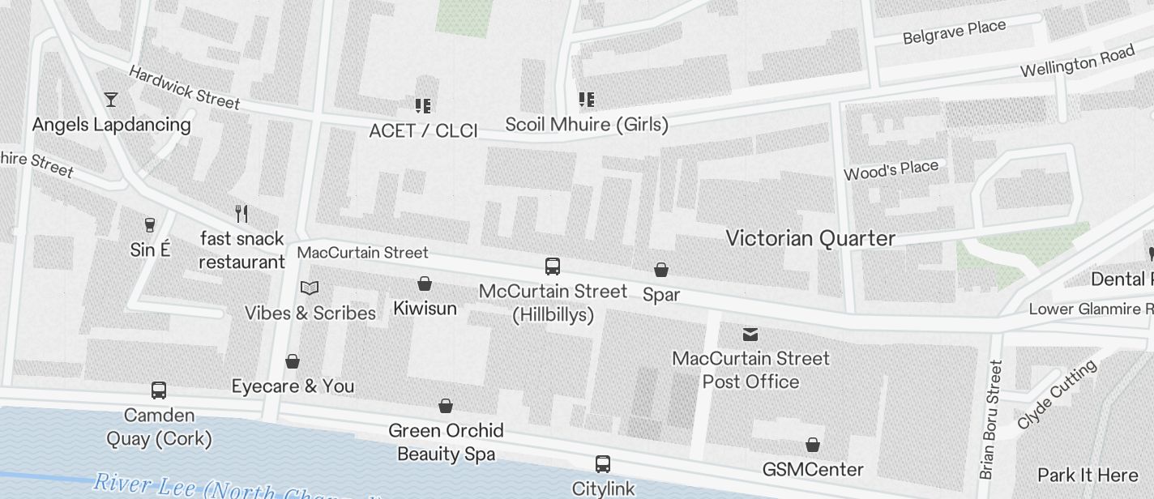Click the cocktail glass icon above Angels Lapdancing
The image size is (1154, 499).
point(111,100)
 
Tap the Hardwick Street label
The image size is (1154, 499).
point(184,87)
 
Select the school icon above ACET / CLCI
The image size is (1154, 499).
point(422,105)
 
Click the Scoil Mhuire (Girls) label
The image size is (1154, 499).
point(587,125)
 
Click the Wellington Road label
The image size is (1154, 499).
point(1077,62)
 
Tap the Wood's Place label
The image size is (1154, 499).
point(891,170)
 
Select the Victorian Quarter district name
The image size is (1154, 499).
point(810,238)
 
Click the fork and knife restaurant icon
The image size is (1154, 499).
point(241,214)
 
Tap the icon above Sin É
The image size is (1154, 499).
point(149,224)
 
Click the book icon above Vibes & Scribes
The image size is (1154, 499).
point(310,288)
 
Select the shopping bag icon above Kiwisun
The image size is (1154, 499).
point(424,284)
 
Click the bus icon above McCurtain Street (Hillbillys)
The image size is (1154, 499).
point(553,267)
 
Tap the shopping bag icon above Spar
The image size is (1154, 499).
point(661,270)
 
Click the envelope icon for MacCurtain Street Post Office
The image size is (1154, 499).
point(750,334)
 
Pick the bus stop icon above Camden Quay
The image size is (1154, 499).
point(159,390)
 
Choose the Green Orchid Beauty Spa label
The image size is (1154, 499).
point(446,441)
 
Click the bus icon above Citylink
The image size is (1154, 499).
point(602,464)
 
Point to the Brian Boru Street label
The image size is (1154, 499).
point(991,418)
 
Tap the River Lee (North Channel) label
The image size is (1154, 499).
point(235,488)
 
